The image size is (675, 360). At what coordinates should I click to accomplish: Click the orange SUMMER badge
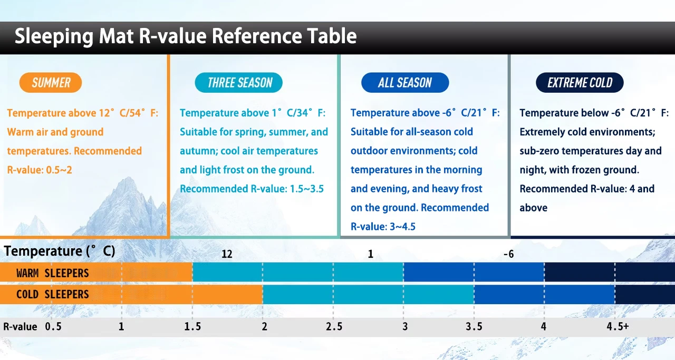[x=51, y=83]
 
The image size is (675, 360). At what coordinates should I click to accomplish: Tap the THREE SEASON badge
[x=239, y=83]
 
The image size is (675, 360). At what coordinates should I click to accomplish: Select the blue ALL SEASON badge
[x=405, y=83]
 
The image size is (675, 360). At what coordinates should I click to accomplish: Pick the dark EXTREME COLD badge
[x=580, y=83]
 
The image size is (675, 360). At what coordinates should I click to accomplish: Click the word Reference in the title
[x=257, y=36]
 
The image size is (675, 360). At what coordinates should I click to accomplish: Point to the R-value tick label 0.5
[x=53, y=327]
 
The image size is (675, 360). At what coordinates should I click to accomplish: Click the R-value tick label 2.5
[x=334, y=327]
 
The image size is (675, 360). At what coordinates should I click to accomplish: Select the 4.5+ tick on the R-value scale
[x=618, y=327]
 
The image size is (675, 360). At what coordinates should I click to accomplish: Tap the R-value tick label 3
[x=405, y=327]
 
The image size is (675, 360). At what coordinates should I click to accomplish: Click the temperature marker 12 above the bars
[x=227, y=254]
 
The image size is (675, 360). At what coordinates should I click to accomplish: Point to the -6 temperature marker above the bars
[x=509, y=254]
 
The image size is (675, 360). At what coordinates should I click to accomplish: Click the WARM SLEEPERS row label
[x=52, y=273]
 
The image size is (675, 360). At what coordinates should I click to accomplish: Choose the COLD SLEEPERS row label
[x=52, y=294]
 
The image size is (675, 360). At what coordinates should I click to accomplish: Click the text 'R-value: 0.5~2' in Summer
[x=40, y=170]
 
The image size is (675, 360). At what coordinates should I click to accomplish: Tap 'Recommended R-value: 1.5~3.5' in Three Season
[x=252, y=189]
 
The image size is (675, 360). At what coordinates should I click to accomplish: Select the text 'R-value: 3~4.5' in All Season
[x=383, y=227]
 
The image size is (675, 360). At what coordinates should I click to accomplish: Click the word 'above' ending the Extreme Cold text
[x=533, y=208]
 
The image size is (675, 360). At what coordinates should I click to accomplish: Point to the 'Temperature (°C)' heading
[x=60, y=251]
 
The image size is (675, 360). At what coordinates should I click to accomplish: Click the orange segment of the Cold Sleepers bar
[x=131, y=294]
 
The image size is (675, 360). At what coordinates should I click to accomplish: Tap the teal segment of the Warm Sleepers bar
[x=298, y=272]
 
